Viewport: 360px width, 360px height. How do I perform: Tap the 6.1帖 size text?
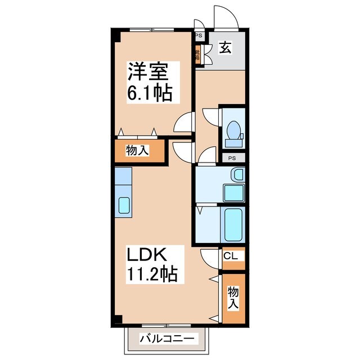pos(148,93)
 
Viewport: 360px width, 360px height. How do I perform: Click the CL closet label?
pos(232,256)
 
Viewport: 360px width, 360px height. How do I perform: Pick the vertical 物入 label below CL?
pos(233,297)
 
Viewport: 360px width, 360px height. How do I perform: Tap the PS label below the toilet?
pos(232,159)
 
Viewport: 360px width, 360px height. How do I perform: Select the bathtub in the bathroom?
pos(233,224)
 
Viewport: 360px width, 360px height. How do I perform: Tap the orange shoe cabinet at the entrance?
pos(198,56)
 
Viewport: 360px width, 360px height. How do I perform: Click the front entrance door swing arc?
pos(225,17)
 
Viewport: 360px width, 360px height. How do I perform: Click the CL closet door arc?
pos(209,258)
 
